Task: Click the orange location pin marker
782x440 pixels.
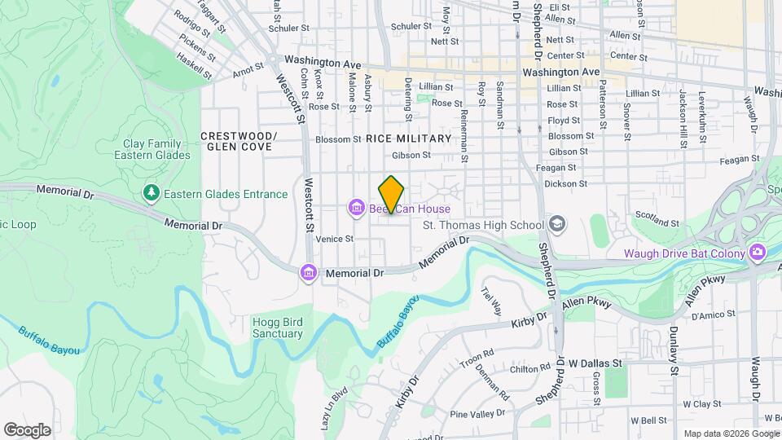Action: pyautogui.click(x=392, y=194)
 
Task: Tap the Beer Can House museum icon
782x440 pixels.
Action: pyautogui.click(x=356, y=209)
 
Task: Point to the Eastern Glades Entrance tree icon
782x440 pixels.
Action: pyautogui.click(x=151, y=194)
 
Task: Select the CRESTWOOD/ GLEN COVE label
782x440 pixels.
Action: pyautogui.click(x=239, y=141)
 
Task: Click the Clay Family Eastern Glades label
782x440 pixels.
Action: pyautogui.click(x=152, y=149)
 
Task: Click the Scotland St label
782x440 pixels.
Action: pyautogui.click(x=657, y=218)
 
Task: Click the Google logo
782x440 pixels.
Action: pyautogui.click(x=28, y=429)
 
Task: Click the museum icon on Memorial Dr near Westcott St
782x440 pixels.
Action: pyautogui.click(x=309, y=272)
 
